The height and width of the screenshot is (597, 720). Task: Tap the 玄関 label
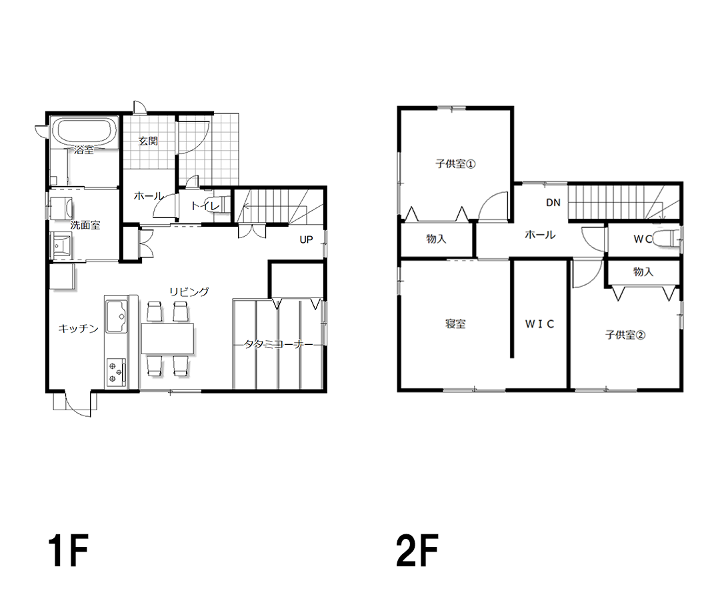coord(148,141)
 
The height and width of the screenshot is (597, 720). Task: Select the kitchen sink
coord(116,316)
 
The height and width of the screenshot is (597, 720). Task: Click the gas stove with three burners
coord(116,372)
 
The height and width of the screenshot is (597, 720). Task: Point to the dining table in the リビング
coord(167,339)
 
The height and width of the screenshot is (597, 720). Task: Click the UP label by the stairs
coord(306,240)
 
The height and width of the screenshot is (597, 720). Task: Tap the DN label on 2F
coord(553,203)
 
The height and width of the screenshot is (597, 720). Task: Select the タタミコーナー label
coord(278,344)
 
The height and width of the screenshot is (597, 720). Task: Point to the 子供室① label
coord(455,163)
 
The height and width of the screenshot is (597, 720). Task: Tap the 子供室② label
coord(625,335)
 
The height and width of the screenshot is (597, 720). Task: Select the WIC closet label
coord(539,324)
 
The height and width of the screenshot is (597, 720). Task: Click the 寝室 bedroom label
coord(455,324)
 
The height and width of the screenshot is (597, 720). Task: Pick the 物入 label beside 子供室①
coord(436,239)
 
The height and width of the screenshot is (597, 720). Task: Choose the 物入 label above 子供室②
coord(643,272)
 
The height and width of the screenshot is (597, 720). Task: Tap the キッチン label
coord(78,329)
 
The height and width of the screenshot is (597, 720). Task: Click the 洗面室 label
coord(85,225)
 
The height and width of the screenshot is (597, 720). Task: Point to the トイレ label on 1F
coord(205,206)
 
